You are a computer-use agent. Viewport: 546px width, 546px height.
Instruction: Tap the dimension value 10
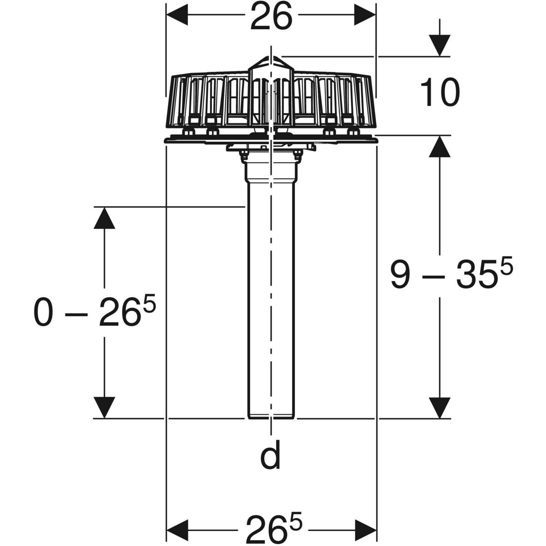440,92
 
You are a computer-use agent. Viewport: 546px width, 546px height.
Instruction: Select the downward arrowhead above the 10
440,45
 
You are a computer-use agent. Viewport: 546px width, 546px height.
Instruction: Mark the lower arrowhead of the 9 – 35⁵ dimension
440,407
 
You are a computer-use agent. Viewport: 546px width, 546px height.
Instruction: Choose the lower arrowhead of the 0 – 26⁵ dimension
105,407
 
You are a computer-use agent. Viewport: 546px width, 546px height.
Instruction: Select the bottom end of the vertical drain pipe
271,415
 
